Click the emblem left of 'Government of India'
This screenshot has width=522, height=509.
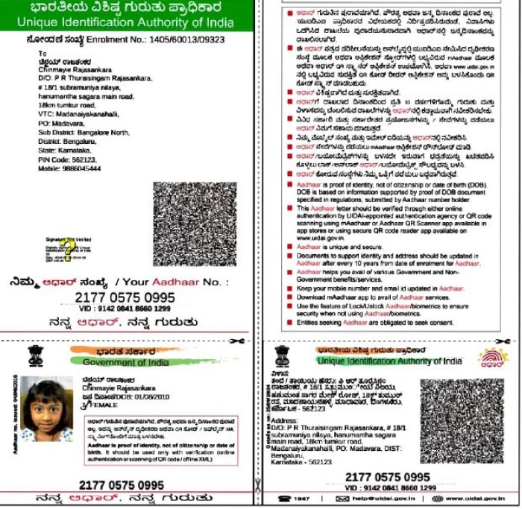pyautogui.click(x=35, y=356)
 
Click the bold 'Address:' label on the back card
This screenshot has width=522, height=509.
pyautogui.click(x=287, y=419)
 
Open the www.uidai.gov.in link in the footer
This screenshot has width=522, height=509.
pyautogui.click(x=474, y=497)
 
